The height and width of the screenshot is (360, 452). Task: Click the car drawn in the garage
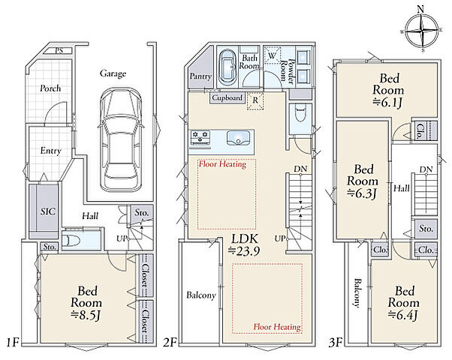tap(121, 139)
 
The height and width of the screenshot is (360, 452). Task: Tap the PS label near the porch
tap(59, 51)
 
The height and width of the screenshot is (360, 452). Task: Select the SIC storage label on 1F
tap(48, 211)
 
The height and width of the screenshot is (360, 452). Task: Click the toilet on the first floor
tap(72, 240)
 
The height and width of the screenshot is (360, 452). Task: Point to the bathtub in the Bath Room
tap(228, 68)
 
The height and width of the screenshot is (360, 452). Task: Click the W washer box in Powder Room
tap(272, 55)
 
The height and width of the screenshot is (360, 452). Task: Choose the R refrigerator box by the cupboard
tap(255, 100)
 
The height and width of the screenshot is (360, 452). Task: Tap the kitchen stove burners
tap(200, 136)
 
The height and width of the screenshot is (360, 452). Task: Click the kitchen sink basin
tap(238, 138)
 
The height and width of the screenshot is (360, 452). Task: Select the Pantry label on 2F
tap(200, 76)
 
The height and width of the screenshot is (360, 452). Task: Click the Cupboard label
tap(228, 98)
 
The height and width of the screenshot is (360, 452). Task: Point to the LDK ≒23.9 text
tap(245, 245)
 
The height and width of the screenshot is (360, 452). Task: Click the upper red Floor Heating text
tap(222, 164)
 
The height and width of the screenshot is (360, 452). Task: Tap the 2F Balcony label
tap(201, 295)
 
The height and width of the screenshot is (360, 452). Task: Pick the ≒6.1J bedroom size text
tap(387, 103)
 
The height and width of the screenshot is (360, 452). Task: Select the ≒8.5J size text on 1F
tap(86, 316)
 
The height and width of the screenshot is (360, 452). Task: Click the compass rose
tap(422, 31)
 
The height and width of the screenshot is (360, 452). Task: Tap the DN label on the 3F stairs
tap(426, 169)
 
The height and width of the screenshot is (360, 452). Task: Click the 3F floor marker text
tap(336, 343)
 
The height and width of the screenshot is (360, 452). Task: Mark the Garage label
tap(113, 73)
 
